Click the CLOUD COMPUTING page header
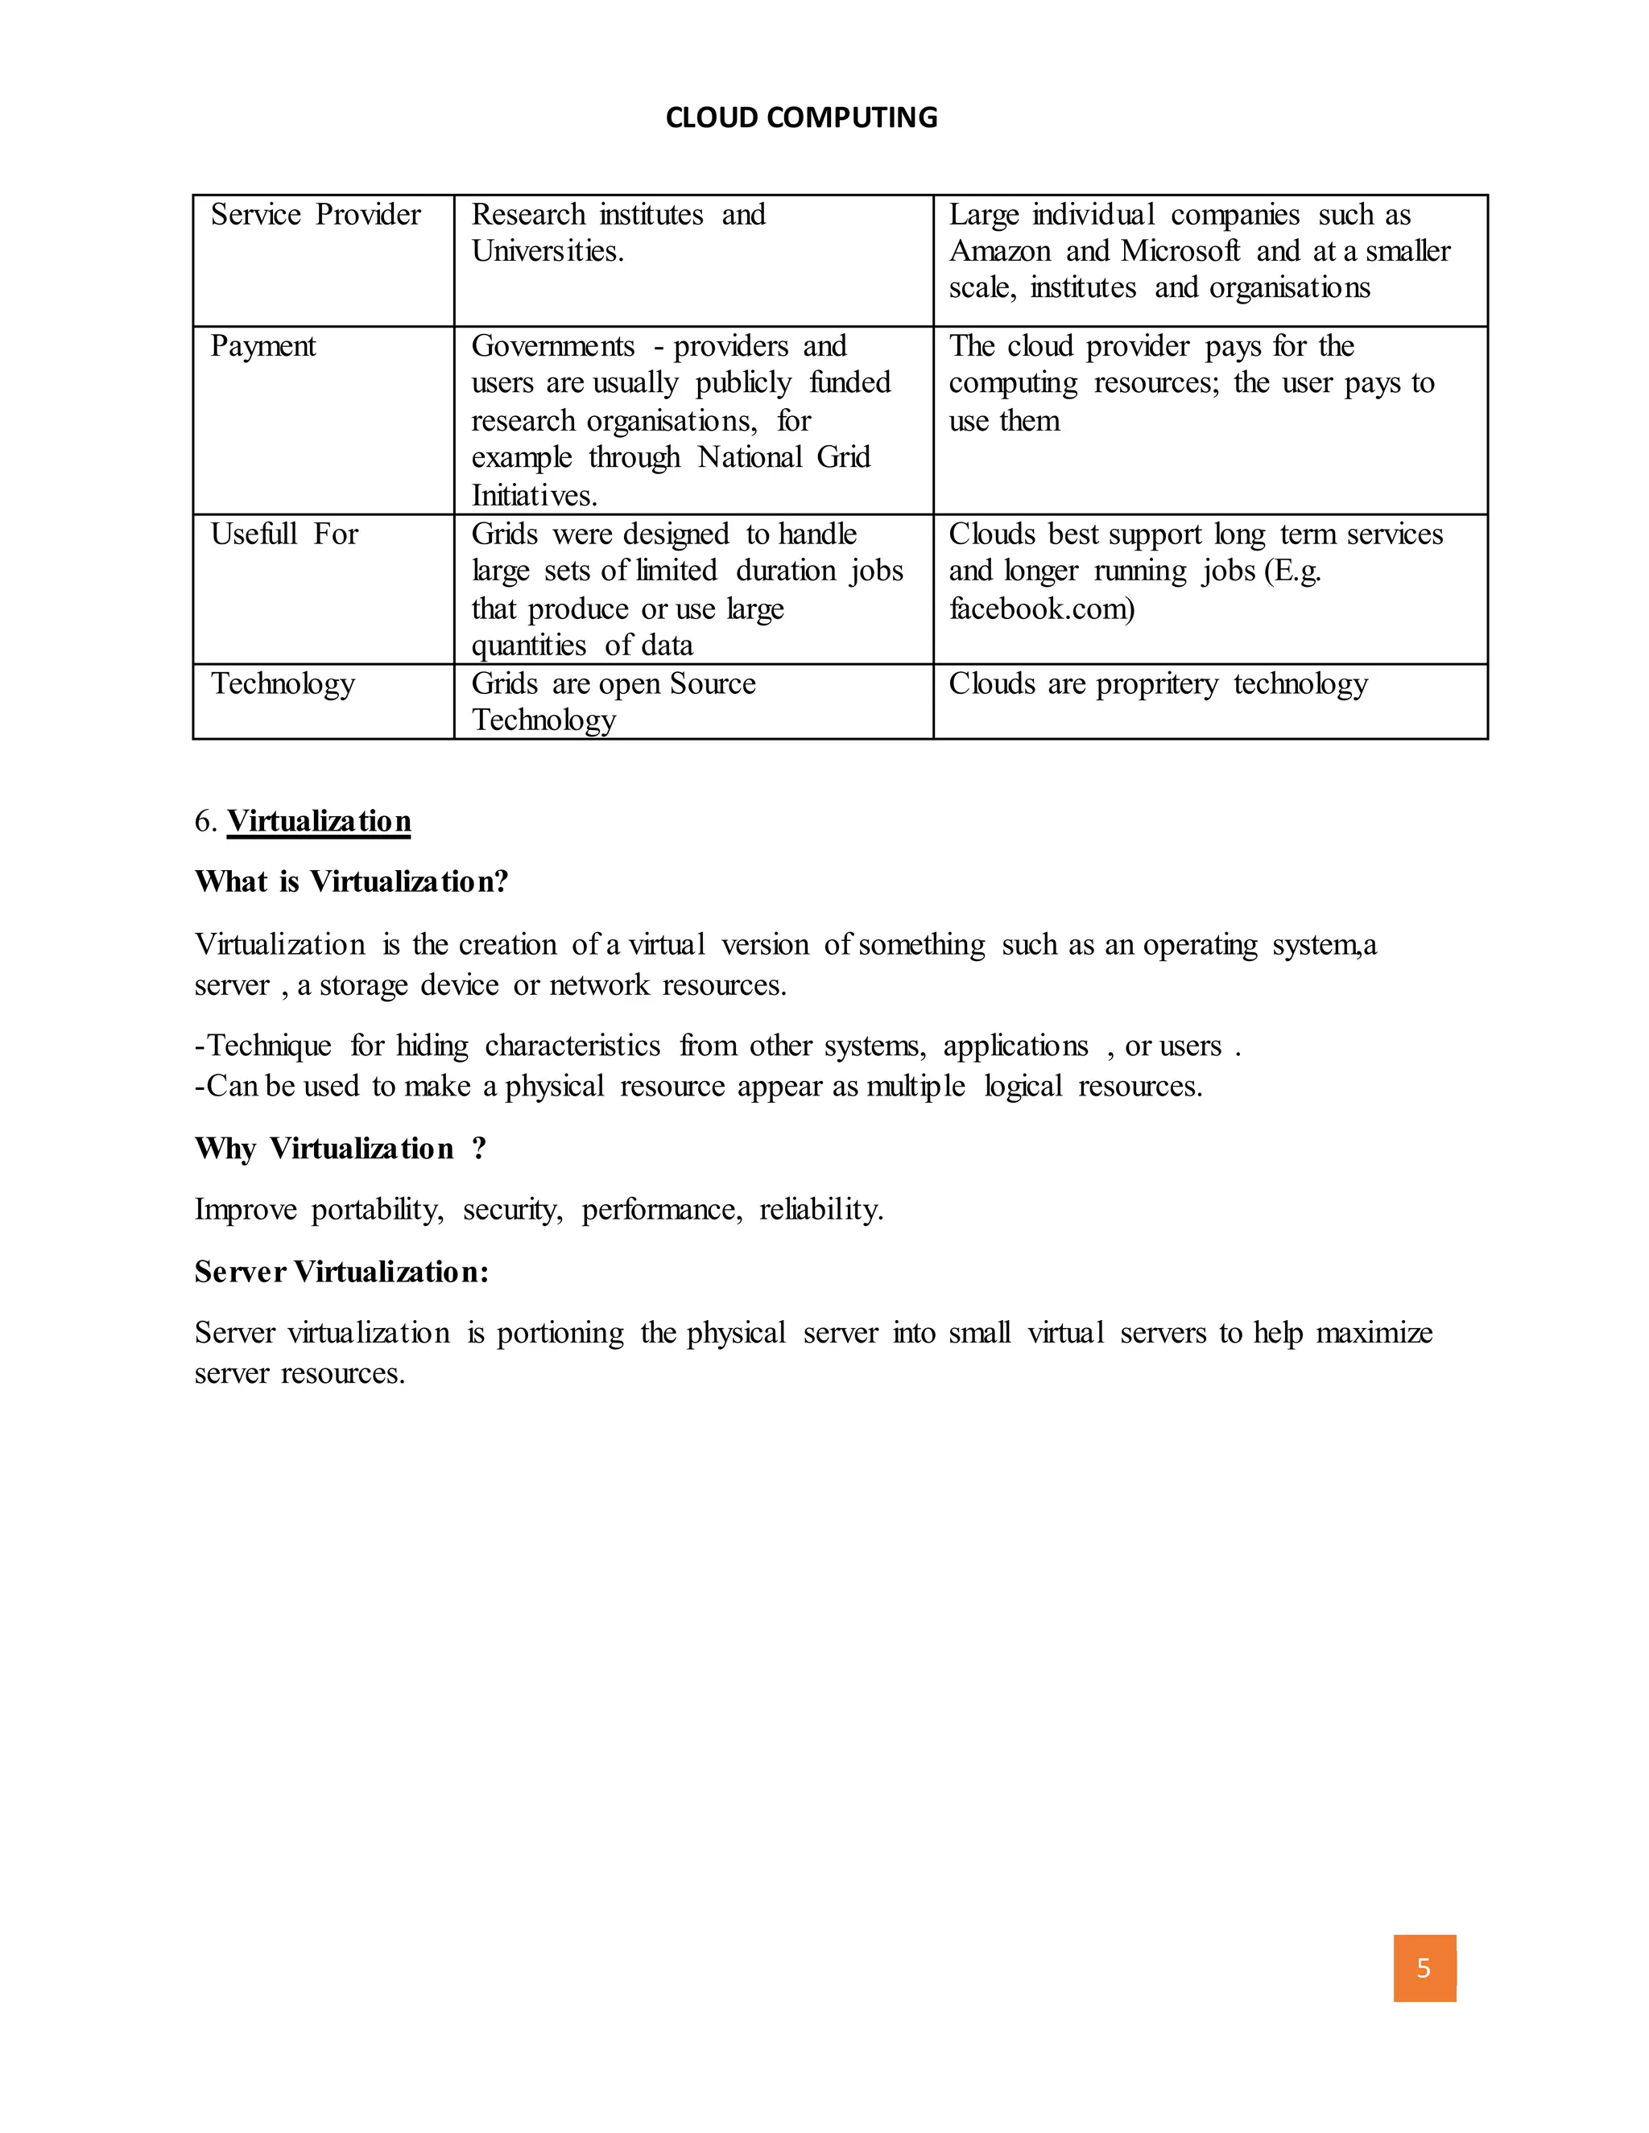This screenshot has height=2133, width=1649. pyautogui.click(x=801, y=118)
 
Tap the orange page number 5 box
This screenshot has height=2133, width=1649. pyautogui.click(x=1424, y=1968)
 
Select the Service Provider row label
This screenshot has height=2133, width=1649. pyautogui.click(x=316, y=215)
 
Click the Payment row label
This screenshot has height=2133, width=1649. pyautogui.click(x=262, y=346)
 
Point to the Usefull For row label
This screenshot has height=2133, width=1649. pyautogui.click(x=284, y=534)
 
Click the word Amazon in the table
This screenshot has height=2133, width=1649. pyautogui.click(x=999, y=251)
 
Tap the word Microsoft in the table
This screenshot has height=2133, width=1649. pyautogui.click(x=1180, y=251)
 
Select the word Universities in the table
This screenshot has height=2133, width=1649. pyautogui.click(x=547, y=251)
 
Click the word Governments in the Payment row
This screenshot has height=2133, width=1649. pyautogui.click(x=553, y=346)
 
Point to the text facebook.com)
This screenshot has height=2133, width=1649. pyautogui.click(x=1041, y=609)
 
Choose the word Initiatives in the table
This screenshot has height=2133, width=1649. pyautogui.click(x=533, y=495)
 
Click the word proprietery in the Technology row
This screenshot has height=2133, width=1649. pyautogui.click(x=1157, y=683)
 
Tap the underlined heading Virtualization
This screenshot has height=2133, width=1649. pyautogui.click(x=319, y=820)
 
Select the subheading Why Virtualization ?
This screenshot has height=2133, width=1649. pyautogui.click(x=340, y=1148)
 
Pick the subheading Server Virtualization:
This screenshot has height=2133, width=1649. pyautogui.click(x=341, y=1271)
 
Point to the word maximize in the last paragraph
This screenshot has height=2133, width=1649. pyautogui.click(x=1374, y=1332)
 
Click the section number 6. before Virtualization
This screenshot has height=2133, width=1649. pyautogui.click(x=205, y=820)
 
